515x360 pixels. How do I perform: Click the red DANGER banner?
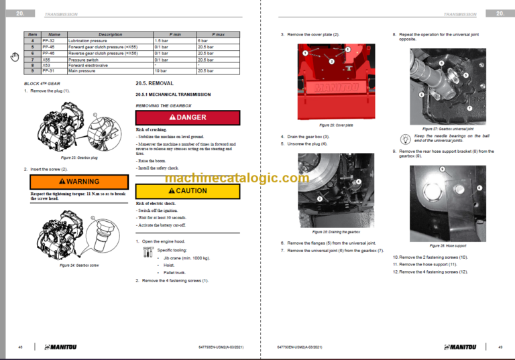[x=187, y=117]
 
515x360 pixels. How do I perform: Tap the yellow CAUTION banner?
[x=187, y=190]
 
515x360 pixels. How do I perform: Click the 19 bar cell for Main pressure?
[x=161, y=70]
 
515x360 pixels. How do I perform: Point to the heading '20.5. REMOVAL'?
[x=154, y=84]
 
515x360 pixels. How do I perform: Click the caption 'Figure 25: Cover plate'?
[x=336, y=125]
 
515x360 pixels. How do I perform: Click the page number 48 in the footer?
[x=20, y=347]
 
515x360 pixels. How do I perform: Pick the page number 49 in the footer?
[x=500, y=347]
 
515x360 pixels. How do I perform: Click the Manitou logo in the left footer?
[x=64, y=347]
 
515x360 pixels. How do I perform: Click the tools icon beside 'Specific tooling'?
[x=148, y=251]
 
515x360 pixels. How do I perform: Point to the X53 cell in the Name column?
[x=48, y=65]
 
